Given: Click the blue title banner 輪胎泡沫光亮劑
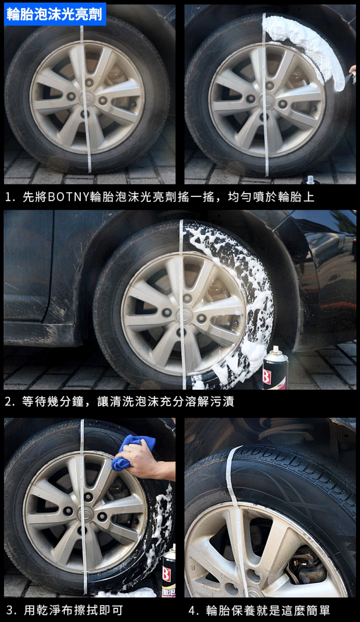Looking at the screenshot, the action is coord(55,14).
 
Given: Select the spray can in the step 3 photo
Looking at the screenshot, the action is coord(169,568).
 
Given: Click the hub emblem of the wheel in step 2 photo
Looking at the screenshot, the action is coord(182,315).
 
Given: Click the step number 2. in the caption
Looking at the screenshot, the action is coord(10,402).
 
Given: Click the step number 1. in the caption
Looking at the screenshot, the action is coord(10,198).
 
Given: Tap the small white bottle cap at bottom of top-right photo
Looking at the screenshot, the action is coord(309,180).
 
